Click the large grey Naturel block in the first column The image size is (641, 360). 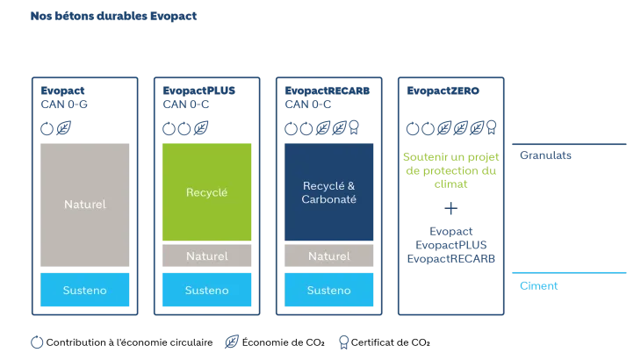tap(84, 205)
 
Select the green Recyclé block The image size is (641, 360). tap(207, 191)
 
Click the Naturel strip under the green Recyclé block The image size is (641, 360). tap(207, 256)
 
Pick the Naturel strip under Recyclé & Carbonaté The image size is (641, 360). tap(329, 256)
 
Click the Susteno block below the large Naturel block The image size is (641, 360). tap(84, 290)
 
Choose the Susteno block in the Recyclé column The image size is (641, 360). tap(207, 290)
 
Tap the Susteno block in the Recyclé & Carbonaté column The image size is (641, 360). tap(329, 290)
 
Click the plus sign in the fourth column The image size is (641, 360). tap(452, 208)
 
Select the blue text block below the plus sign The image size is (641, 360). tap(452, 245)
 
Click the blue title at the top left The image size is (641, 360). tap(114, 15)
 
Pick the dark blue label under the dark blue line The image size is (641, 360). tap(547, 155)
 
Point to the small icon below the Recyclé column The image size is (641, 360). tap(231, 340)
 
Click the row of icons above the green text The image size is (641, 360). tap(452, 129)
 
